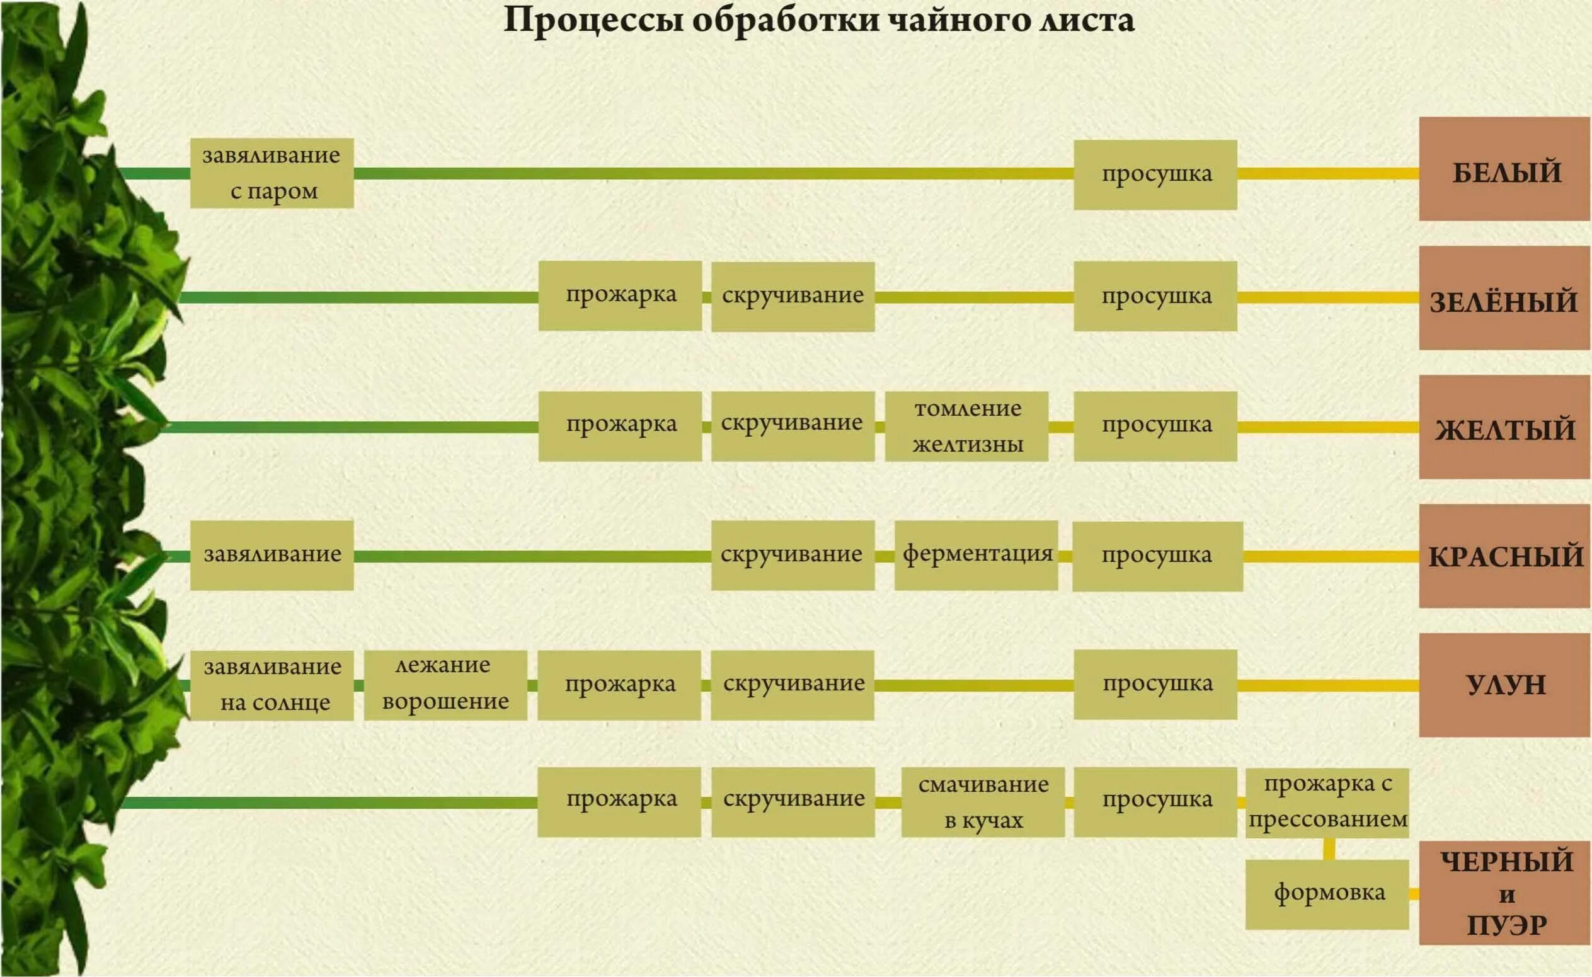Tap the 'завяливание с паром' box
pyautogui.click(x=272, y=173)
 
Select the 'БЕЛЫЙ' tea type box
pyautogui.click(x=1505, y=169)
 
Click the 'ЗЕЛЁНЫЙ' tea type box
pyautogui.click(x=1505, y=299)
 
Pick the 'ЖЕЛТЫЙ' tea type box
pyautogui.click(x=1505, y=427)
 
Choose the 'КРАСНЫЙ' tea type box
pyautogui.click(x=1505, y=556)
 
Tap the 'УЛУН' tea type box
pyautogui.click(x=1505, y=685)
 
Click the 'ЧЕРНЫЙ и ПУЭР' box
pyautogui.click(x=1505, y=893)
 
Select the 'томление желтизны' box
pyautogui.click(x=966, y=426)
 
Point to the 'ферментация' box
pyautogui.click(x=976, y=555)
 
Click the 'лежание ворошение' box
pyautogui.click(x=445, y=685)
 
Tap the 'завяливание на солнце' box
pyautogui.click(x=272, y=685)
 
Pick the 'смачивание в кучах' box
pyautogui.click(x=983, y=803)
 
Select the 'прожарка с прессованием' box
pyautogui.click(x=1327, y=803)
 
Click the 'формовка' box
pyautogui.click(x=1327, y=894)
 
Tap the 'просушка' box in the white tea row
pyautogui.click(x=1155, y=175)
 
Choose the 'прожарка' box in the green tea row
pyautogui.click(x=621, y=296)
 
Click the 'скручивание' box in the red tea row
pyautogui.click(x=793, y=556)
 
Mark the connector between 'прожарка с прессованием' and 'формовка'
pyautogui.click(x=1329, y=849)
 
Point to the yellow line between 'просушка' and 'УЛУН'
pyautogui.click(x=1328, y=685)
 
